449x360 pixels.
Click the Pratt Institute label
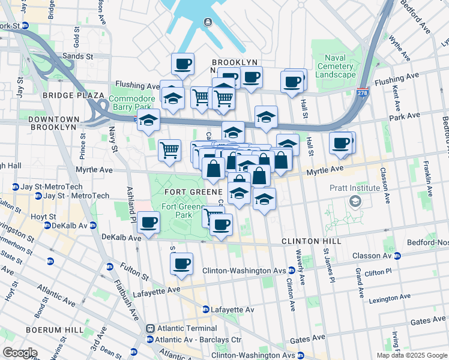point(355,188)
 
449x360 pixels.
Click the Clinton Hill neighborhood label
point(312,241)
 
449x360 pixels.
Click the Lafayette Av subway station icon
point(205,310)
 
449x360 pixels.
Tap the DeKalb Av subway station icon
point(46,226)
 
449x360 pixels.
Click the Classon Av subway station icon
point(397,256)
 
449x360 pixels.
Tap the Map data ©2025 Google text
point(411,355)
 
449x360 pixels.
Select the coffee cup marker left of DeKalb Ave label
point(148,222)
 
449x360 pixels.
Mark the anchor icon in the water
point(208,22)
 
